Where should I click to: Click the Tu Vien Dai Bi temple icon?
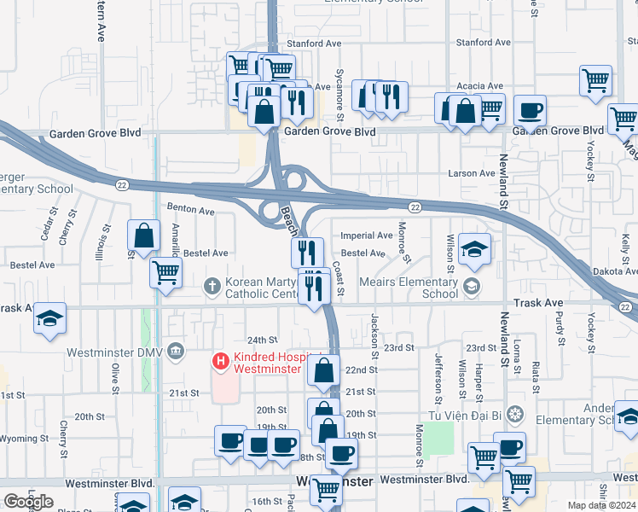[x=513, y=415]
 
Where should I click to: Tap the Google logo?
[x=28, y=502]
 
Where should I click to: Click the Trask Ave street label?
[x=538, y=303]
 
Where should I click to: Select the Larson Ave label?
[x=472, y=173]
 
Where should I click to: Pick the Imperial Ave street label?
[x=367, y=236]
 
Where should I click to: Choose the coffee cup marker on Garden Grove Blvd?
[x=530, y=111]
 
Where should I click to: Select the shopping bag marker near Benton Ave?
[x=144, y=236]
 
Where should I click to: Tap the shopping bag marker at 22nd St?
[x=323, y=371]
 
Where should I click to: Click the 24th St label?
[x=263, y=340]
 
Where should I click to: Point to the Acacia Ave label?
[x=480, y=86]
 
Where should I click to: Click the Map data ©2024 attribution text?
[x=601, y=505]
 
